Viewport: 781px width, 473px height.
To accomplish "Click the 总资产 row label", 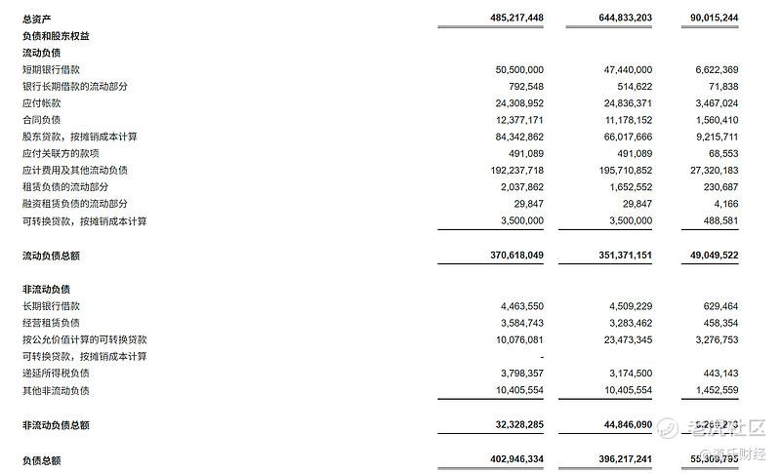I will [x=36, y=19].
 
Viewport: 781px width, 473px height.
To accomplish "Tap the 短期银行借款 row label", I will [x=51, y=69].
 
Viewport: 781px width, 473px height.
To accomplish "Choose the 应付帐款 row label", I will [x=41, y=103].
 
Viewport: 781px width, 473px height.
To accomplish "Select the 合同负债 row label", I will [x=41, y=120].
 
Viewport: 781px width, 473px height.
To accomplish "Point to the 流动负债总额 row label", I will [x=51, y=255].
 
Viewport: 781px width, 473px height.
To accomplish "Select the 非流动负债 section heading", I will [x=46, y=290].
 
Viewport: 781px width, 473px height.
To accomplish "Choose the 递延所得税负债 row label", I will [x=56, y=374].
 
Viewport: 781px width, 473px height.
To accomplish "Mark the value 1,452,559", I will [x=712, y=390].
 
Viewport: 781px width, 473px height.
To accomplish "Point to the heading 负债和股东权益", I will [x=56, y=35].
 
